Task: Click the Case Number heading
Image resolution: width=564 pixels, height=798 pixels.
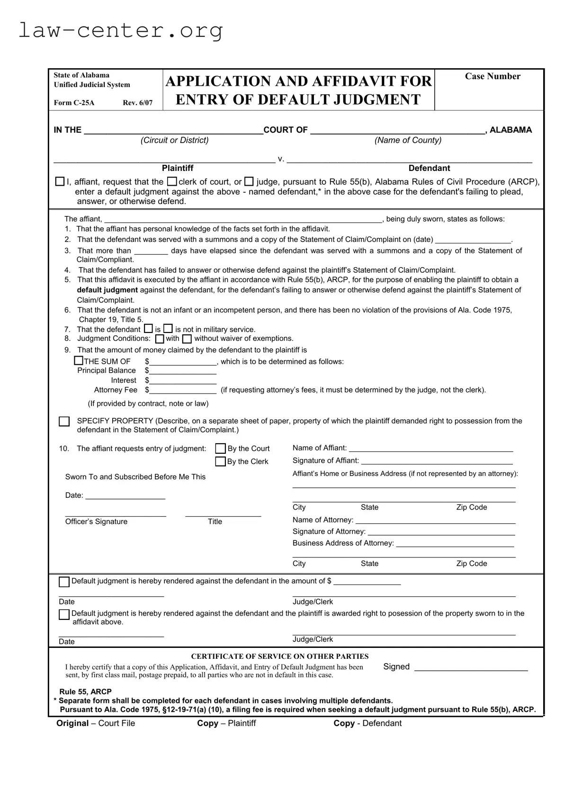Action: [x=492, y=76]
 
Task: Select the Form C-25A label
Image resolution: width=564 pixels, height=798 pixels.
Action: [x=74, y=103]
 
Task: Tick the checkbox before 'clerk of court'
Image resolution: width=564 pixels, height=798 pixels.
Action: [x=172, y=181]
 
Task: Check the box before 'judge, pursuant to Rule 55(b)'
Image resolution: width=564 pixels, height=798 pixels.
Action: [x=249, y=181]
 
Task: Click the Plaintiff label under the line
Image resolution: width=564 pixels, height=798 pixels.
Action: [x=178, y=168]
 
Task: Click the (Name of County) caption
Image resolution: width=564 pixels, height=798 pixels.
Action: [x=408, y=140]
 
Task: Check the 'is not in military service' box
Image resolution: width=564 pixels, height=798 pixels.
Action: [x=168, y=329]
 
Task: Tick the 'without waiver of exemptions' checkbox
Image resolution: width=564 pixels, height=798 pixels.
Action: [x=187, y=339]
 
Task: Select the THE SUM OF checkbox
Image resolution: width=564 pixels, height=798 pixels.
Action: [x=79, y=361]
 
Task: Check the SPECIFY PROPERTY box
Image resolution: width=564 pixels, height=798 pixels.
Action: [x=64, y=421]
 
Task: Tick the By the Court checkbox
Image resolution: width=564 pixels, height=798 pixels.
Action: [x=220, y=448]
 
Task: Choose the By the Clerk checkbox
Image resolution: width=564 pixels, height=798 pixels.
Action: [x=220, y=461]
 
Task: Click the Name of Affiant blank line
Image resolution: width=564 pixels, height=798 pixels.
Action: [x=430, y=448]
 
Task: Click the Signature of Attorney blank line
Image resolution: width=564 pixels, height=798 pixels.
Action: [x=441, y=532]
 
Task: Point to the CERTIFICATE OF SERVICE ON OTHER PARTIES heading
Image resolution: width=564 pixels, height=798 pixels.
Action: [x=279, y=656]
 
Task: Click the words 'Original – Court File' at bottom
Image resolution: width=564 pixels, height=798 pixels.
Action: [x=96, y=723]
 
